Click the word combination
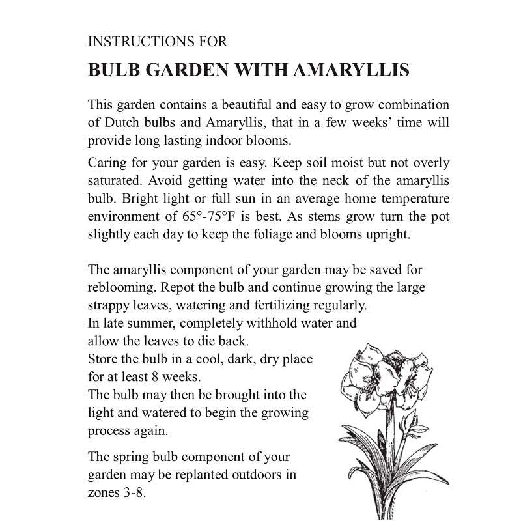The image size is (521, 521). [411, 105]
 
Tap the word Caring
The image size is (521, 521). [106, 163]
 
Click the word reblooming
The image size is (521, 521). [118, 287]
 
